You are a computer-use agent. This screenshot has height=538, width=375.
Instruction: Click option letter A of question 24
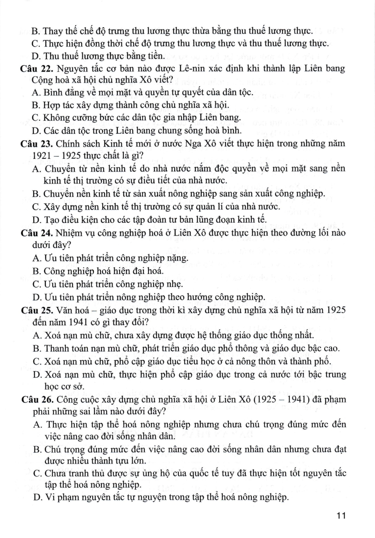click(35, 258)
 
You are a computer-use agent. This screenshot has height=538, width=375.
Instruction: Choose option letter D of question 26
click(35, 497)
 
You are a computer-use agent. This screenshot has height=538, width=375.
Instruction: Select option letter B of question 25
click(35, 348)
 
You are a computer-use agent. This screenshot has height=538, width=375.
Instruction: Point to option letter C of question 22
click(35, 117)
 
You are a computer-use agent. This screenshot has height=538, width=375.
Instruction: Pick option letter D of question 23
click(35, 219)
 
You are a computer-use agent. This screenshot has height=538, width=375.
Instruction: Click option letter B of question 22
click(35, 105)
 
